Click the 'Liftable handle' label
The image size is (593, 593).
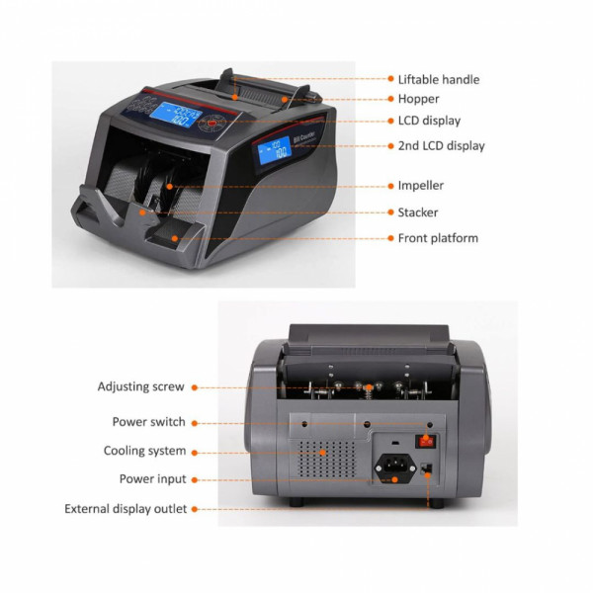pyautogui.click(x=439, y=79)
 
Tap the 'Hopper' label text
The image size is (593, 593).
pyautogui.click(x=418, y=99)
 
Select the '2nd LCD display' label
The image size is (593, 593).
pyautogui.click(x=442, y=145)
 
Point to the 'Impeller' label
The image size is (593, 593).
pyautogui.click(x=421, y=186)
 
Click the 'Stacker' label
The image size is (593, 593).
pyautogui.click(x=418, y=212)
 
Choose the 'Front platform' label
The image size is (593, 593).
pyautogui.click(x=438, y=238)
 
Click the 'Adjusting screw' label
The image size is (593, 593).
pyautogui.click(x=140, y=386)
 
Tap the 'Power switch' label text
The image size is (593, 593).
pyautogui.click(x=148, y=422)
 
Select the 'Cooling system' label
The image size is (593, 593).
pyautogui.click(x=144, y=451)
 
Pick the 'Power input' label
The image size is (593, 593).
pyautogui.click(x=152, y=478)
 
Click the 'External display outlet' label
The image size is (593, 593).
pyautogui.click(x=126, y=509)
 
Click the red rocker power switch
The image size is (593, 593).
pyautogui.click(x=426, y=441)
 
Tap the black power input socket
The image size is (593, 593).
pyautogui.click(x=395, y=467)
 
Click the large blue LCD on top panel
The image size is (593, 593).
pyautogui.click(x=175, y=115)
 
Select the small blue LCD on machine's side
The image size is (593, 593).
pyautogui.click(x=275, y=150)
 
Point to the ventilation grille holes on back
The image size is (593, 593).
pyautogui.click(x=326, y=459)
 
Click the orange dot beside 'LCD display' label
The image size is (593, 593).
pyautogui.click(x=390, y=121)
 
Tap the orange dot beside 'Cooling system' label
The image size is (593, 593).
pyautogui.click(x=195, y=453)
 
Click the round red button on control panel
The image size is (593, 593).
pyautogui.click(x=212, y=123)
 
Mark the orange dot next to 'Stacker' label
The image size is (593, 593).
pyautogui.click(x=390, y=212)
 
